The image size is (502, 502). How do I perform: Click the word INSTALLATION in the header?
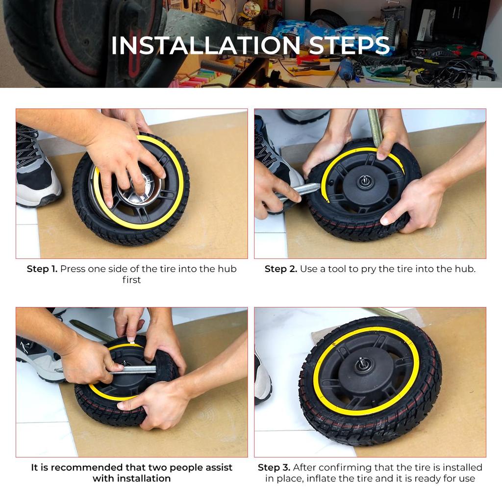tap(205, 46)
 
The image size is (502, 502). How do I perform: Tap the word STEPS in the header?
tap(349, 46)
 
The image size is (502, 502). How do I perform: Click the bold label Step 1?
tap(42, 269)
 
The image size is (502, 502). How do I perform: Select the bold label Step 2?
tap(281, 269)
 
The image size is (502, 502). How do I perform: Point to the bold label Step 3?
tap(274, 467)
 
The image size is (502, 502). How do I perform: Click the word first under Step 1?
tap(131, 280)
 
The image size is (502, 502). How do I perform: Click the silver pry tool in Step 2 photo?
tap(300, 191)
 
